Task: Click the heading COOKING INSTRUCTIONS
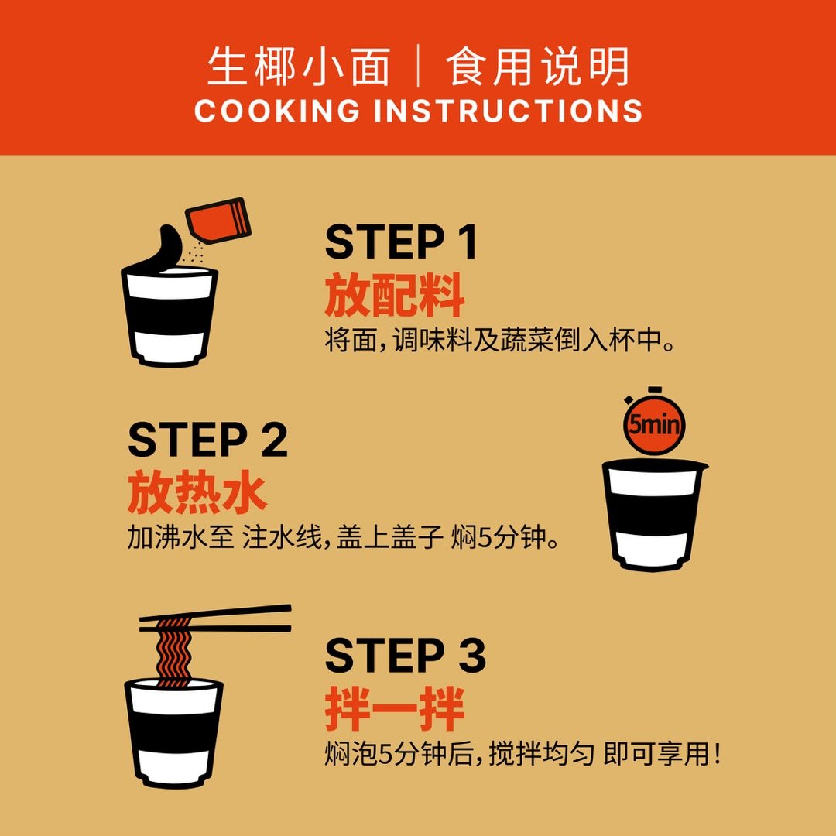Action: click(418, 111)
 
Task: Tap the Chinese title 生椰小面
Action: click(299, 67)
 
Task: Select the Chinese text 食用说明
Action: click(537, 67)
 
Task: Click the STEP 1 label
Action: click(401, 242)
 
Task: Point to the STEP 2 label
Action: click(208, 440)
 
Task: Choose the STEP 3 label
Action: click(405, 655)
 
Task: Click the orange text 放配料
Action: click(395, 295)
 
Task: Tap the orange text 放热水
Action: click(197, 492)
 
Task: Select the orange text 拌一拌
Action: click(395, 708)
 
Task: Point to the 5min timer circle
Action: click(654, 424)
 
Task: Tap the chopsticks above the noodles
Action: click(215, 618)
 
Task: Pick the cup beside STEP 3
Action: click(173, 732)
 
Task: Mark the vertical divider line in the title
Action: click(418, 67)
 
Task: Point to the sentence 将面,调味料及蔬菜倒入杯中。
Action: click(499, 340)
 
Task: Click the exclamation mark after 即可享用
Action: click(717, 753)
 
